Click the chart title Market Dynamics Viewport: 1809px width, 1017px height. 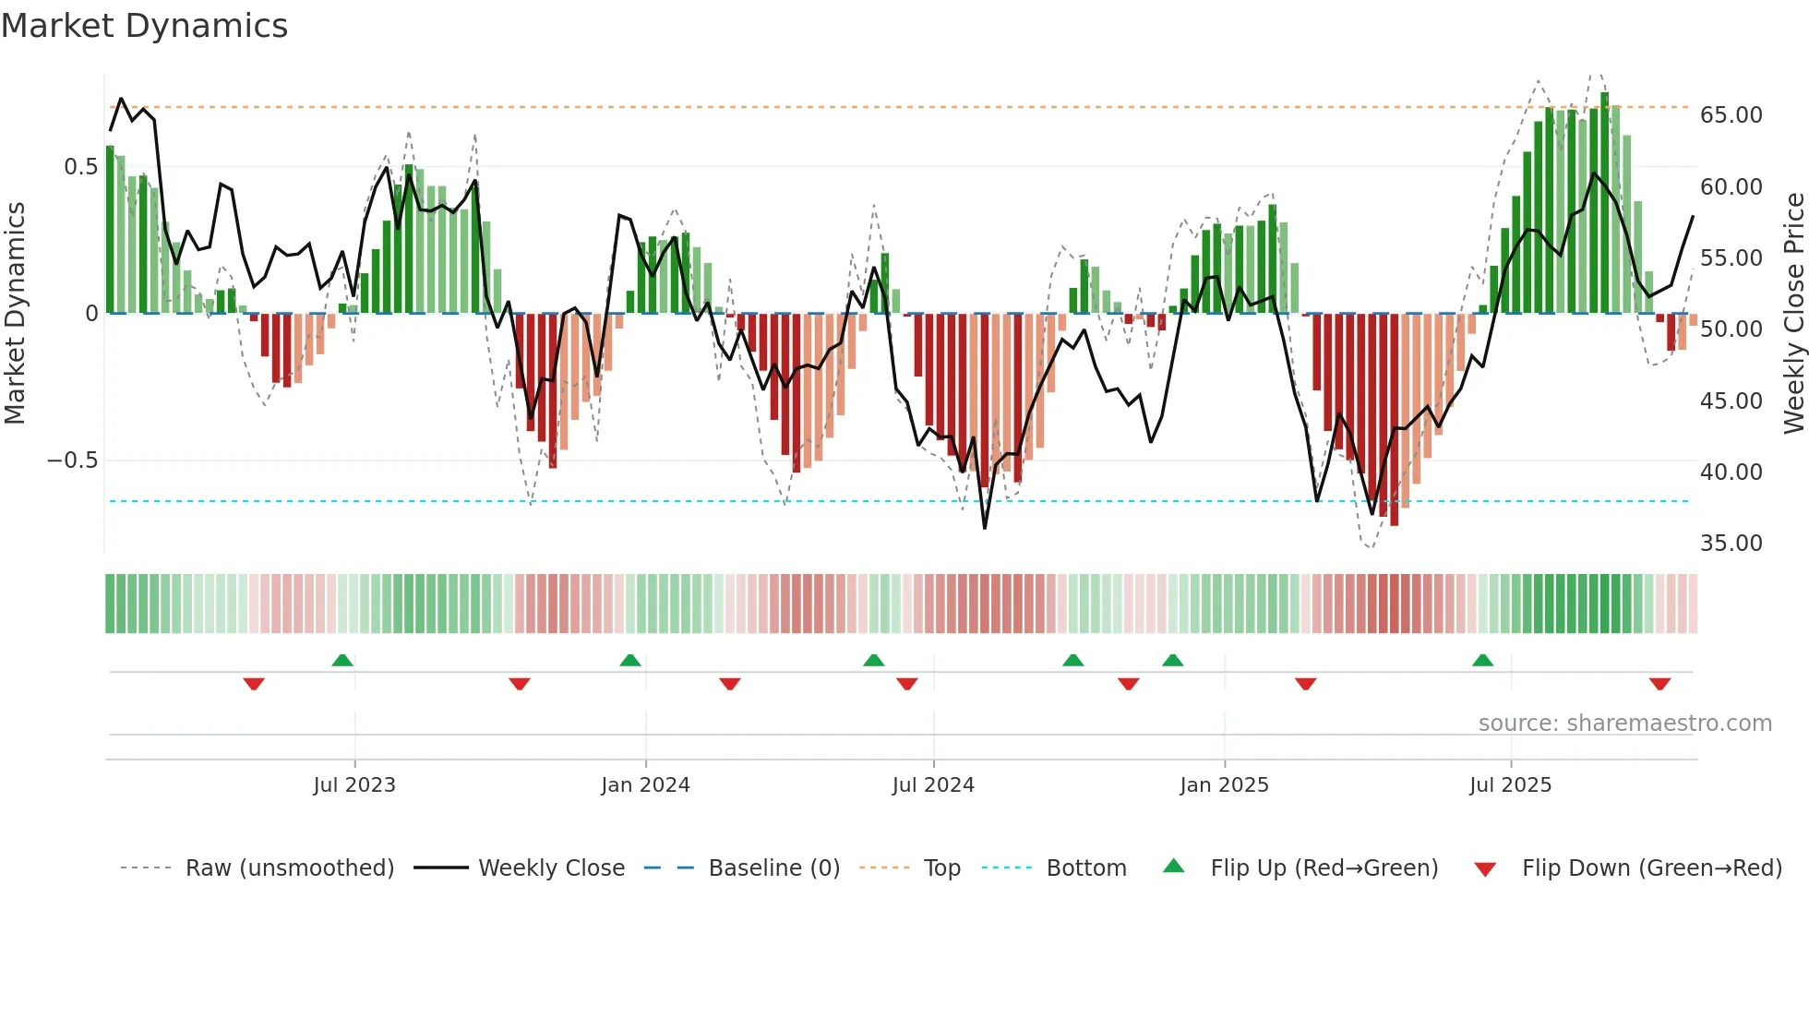pos(144,26)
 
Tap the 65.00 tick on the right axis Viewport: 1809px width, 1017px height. pos(1731,115)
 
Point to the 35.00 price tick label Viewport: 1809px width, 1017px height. pos(1731,544)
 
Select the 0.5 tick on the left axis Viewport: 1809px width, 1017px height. pos(80,167)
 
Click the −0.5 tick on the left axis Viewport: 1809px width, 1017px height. pos(72,461)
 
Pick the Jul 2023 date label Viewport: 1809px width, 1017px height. pos(354,785)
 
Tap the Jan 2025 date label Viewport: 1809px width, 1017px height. pos(1224,785)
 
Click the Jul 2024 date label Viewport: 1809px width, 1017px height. pos(933,785)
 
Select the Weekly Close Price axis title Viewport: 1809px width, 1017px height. pos(1793,314)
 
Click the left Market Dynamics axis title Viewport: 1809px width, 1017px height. pos(16,314)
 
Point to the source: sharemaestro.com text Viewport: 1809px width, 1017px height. pos(1624,724)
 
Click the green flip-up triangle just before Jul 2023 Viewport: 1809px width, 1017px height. pos(342,661)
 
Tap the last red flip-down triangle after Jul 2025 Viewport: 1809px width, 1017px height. pos(1659,684)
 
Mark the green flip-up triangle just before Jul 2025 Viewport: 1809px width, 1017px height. pos(1482,661)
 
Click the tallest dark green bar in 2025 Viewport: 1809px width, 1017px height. pos(1604,203)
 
